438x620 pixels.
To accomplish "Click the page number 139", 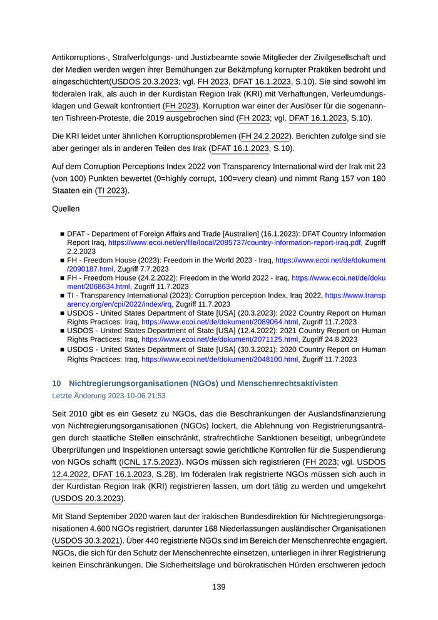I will click(218, 587).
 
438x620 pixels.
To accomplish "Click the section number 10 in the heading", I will click(56, 383).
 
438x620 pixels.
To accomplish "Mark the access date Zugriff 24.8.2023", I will click(330, 341).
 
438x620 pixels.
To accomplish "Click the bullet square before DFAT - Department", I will click(63, 233).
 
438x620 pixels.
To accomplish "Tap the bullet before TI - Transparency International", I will click(63, 294).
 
